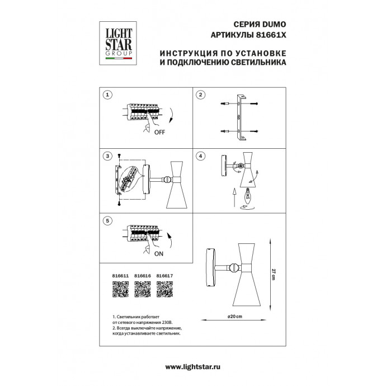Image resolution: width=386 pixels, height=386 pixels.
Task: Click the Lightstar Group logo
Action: click(115, 40)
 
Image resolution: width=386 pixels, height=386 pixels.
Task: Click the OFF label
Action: click(159, 133)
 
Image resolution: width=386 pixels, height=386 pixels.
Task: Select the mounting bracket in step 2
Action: click(241, 117)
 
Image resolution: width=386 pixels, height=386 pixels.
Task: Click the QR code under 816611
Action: click(121, 289)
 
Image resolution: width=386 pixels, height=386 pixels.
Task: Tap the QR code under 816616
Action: click(143, 289)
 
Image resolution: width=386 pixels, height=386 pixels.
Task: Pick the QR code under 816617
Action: click(164, 289)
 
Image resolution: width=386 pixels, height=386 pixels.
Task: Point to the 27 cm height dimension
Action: click(272, 275)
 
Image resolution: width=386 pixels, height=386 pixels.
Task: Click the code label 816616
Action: click(143, 276)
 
